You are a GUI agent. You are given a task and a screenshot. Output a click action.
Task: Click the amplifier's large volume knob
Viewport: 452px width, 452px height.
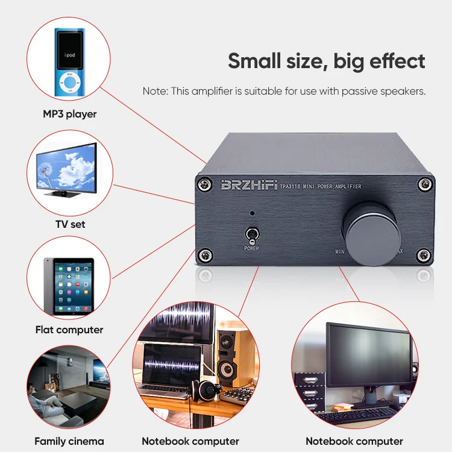tap(371, 234)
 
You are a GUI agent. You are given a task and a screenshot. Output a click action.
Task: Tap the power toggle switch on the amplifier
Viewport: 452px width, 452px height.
tap(252, 236)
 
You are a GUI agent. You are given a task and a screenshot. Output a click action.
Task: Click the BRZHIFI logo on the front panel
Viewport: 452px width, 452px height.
tap(250, 185)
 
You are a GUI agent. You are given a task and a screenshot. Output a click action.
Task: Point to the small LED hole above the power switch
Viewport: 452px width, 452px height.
tap(253, 213)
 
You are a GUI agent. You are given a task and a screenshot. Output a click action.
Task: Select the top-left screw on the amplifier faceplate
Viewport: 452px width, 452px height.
tap(205, 184)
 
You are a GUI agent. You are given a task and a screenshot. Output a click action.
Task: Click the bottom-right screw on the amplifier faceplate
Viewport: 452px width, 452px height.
tap(424, 255)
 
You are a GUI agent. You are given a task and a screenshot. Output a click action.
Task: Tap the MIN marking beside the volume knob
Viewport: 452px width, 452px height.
tap(340, 252)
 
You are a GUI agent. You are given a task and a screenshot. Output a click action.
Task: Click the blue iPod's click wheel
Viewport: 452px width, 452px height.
tap(70, 83)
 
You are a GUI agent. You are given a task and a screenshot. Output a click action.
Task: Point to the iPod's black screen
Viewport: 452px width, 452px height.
tap(70, 50)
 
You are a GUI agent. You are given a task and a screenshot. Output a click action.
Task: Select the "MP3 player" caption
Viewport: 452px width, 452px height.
tap(70, 114)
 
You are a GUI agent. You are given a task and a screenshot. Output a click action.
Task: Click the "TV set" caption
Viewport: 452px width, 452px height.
tap(71, 224)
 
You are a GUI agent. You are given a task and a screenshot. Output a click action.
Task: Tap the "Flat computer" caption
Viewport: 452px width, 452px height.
tap(69, 330)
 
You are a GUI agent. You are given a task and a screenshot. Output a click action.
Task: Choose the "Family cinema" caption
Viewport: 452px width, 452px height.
tap(69, 441)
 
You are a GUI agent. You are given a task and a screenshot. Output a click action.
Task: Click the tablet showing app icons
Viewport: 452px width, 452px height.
tap(69, 286)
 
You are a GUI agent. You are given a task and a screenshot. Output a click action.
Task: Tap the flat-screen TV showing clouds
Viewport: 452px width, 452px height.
tap(67, 169)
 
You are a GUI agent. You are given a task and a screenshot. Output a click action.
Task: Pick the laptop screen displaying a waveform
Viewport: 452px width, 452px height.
tap(172, 365)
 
